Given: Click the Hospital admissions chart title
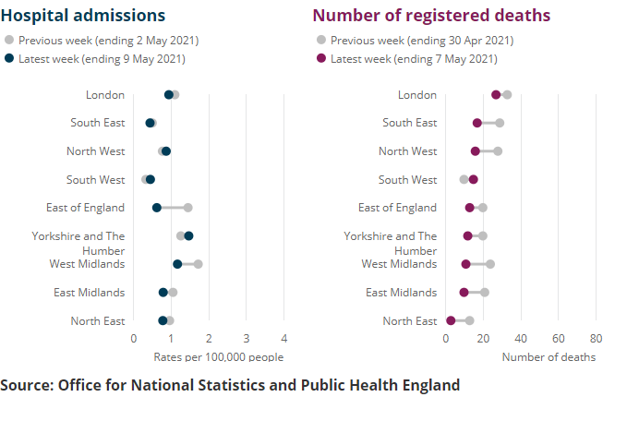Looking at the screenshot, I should point(83,16).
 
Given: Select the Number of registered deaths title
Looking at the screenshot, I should point(431,16).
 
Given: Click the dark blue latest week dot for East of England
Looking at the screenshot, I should point(157,208).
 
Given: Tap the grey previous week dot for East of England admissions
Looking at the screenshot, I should point(187,208).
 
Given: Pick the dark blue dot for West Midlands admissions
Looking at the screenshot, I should point(177,264).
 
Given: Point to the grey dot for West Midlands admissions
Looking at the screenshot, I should point(198,264).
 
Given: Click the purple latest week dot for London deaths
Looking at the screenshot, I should point(496,94).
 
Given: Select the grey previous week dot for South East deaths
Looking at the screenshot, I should point(500,123).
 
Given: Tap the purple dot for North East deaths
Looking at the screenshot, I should point(451,320).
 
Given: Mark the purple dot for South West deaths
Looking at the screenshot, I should point(474,179).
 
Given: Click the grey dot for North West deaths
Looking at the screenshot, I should point(498,151).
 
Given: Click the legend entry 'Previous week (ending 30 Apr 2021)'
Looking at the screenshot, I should point(421,41).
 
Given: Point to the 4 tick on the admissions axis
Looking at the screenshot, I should point(283,338).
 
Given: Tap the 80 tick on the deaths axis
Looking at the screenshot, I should point(596,338).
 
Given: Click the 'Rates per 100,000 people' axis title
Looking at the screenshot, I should point(219,357).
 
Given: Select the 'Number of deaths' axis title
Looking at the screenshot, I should point(549,357).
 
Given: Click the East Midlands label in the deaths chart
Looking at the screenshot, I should point(401,293).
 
